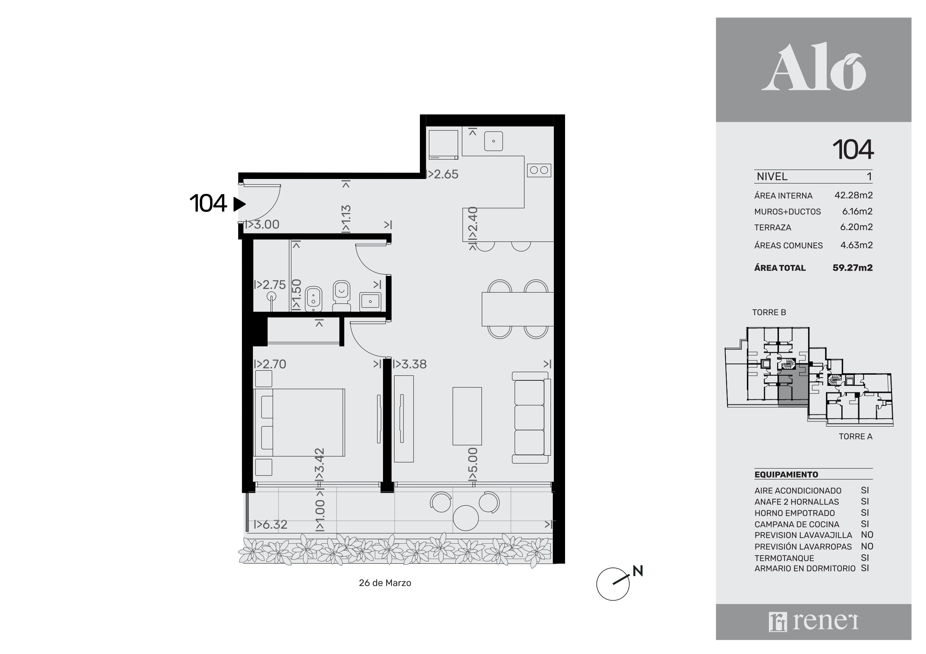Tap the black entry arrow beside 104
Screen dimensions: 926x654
click(x=239, y=204)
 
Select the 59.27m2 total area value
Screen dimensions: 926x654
click(x=852, y=268)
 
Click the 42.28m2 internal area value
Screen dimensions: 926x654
click(x=853, y=195)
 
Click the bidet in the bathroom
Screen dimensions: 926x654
click(x=314, y=299)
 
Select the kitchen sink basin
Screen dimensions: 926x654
click(x=493, y=141)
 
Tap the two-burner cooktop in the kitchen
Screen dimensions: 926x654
click(x=539, y=170)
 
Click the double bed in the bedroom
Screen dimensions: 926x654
click(x=299, y=422)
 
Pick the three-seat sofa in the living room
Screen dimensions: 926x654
click(x=531, y=417)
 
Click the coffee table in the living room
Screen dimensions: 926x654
click(x=467, y=416)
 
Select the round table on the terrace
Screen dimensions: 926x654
click(x=466, y=518)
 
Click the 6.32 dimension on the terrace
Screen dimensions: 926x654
click(x=271, y=525)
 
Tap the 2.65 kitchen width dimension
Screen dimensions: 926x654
click(x=442, y=174)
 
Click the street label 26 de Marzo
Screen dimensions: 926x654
click(x=385, y=583)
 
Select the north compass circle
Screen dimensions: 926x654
click(x=612, y=584)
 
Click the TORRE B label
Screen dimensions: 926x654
click(x=769, y=312)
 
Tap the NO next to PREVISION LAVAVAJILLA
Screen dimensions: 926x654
click(x=867, y=535)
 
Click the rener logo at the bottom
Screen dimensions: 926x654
click(x=814, y=622)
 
